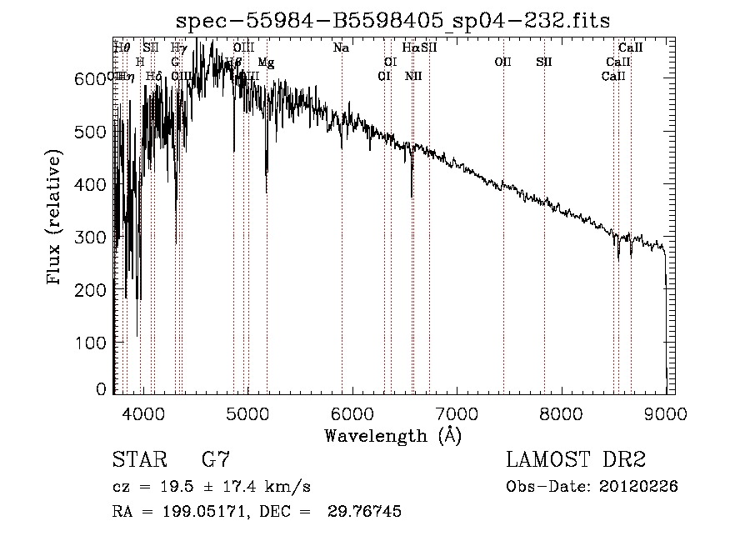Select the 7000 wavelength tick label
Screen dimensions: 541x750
pos(457,413)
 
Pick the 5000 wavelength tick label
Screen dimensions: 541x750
pos(247,413)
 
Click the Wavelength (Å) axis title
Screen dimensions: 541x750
pos(392,435)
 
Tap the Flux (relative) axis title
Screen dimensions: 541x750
pos(56,218)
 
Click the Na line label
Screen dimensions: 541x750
pos(341,48)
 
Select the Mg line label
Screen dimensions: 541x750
pos(265,63)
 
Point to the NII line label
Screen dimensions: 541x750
pos(413,76)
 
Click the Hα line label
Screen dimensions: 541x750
pos(410,48)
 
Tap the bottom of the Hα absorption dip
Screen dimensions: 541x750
pos(412,196)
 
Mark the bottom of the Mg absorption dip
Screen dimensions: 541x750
pos(267,192)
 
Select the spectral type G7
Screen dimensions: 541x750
pos(215,460)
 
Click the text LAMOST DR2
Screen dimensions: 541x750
pos(576,460)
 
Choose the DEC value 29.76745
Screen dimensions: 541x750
pos(366,512)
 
